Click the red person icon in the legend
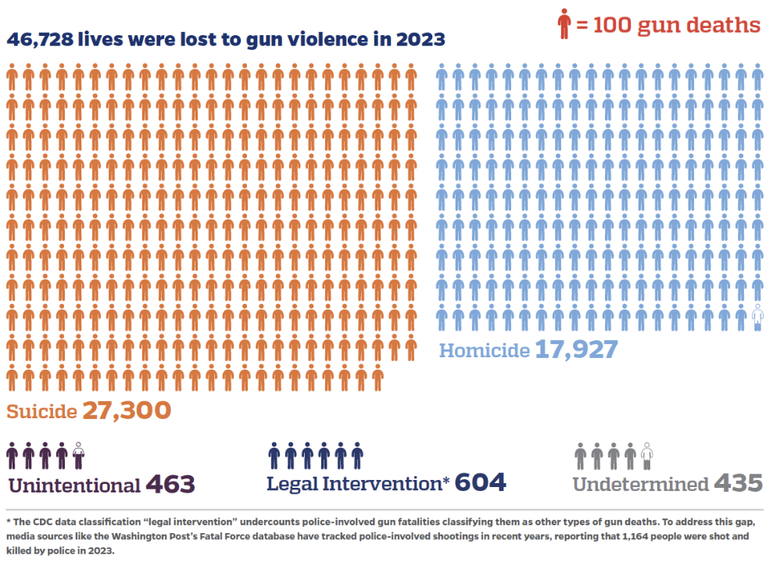click(x=564, y=24)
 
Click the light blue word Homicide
click(x=484, y=350)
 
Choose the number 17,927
click(x=576, y=349)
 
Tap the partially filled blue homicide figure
click(x=757, y=317)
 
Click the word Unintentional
click(x=74, y=485)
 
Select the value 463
click(x=170, y=484)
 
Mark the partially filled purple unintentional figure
click(x=79, y=456)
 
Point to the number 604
click(x=481, y=482)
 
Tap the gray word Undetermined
click(x=639, y=484)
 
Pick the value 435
click(x=738, y=483)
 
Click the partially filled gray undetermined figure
click(x=646, y=456)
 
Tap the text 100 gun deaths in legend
click(x=677, y=25)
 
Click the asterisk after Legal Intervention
click(x=446, y=480)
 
